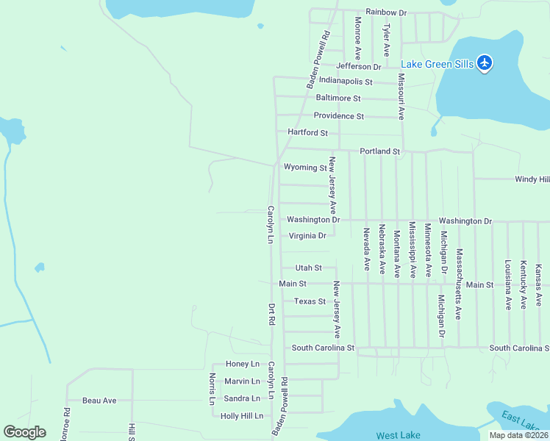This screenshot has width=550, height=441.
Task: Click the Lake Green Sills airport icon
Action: click(x=485, y=63)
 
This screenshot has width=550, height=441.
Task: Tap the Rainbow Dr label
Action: click(x=386, y=12)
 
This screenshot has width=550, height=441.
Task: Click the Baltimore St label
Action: click(x=338, y=98)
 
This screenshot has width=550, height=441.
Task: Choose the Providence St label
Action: click(x=338, y=116)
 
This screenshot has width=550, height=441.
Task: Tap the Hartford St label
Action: click(x=307, y=132)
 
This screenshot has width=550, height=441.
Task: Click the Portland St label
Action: click(x=379, y=151)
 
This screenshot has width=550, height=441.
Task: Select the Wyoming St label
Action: click(x=305, y=168)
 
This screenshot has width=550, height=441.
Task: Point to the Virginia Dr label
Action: click(x=307, y=236)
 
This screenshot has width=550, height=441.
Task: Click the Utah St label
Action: click(x=308, y=268)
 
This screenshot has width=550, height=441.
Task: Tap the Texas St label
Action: click(x=310, y=301)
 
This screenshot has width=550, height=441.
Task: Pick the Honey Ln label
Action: click(x=243, y=364)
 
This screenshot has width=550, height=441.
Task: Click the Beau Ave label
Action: click(x=99, y=401)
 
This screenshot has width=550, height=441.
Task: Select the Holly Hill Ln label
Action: click(x=242, y=416)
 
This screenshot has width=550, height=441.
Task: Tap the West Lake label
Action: click(x=398, y=436)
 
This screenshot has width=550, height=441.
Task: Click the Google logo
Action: click(x=24, y=432)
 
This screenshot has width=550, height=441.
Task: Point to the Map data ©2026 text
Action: click(x=518, y=435)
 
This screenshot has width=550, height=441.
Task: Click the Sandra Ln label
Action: click(x=242, y=398)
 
